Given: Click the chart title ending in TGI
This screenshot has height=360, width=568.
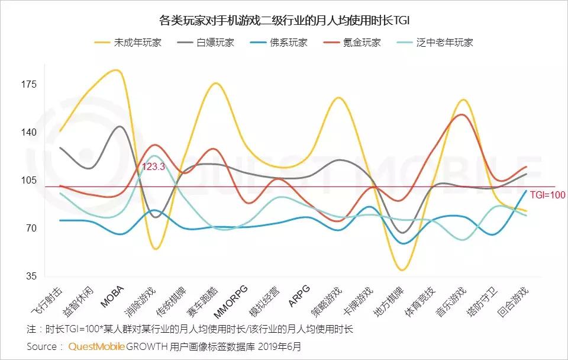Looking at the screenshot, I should coord(285,21).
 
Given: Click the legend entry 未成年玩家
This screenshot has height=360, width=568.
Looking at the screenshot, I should coord(137,43).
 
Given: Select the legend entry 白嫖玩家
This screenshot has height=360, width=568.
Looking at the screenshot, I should coord(215,43).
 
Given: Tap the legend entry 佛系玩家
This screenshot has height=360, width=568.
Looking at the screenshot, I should coord(289,43).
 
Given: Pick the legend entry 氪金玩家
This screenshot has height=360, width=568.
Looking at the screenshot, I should coord(362,43).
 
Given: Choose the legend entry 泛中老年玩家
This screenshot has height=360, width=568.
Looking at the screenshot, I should coord(444,43).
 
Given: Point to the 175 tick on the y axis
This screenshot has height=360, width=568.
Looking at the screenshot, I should coord(30,85).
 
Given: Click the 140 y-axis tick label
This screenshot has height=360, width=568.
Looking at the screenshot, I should coord(30,133).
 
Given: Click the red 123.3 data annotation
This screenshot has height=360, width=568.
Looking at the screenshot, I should coord(153,168).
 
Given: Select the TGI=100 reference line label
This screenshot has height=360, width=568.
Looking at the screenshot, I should coord(547,194).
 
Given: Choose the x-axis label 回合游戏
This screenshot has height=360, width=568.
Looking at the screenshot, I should coord(514,303).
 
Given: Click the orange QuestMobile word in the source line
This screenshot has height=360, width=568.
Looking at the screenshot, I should coord(96,346).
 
